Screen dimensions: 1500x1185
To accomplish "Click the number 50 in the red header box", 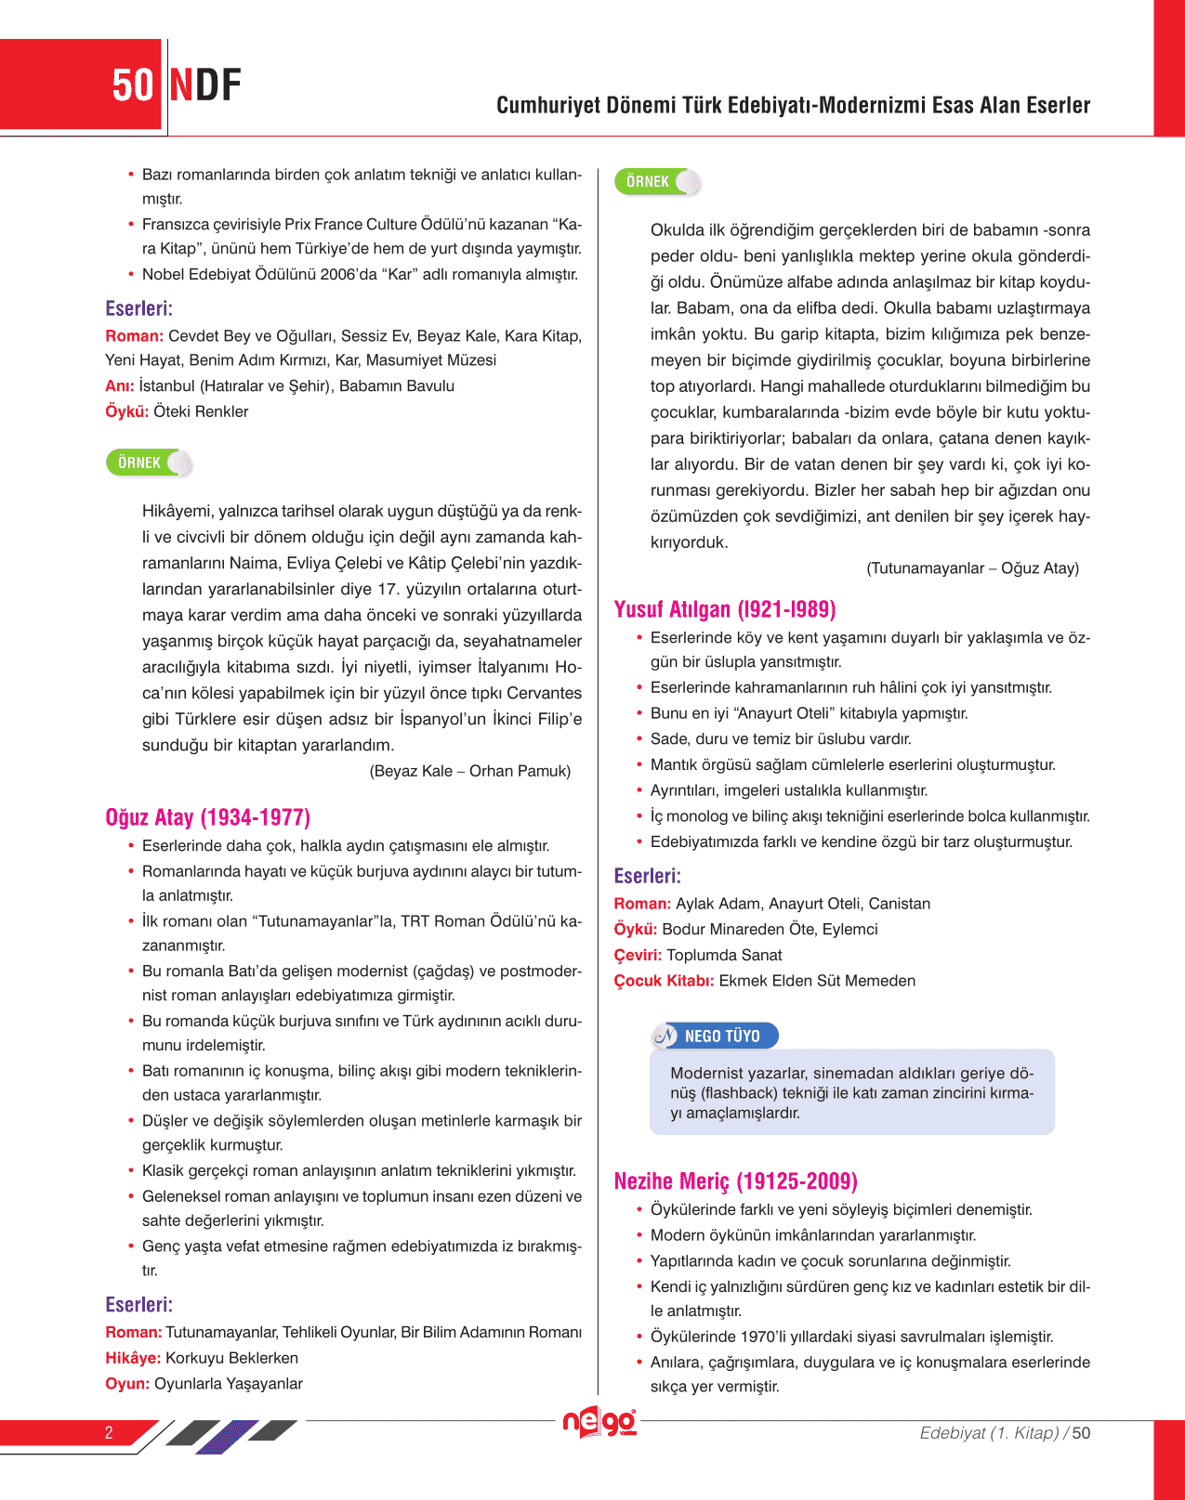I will pos(132,85).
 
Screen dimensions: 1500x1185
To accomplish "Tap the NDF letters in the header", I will pos(204,85).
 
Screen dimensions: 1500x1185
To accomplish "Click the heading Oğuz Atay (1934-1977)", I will pos(207,817).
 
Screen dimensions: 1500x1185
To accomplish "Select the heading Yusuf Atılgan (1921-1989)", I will pos(725,609).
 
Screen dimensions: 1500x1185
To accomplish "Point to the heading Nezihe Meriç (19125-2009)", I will pos(735,1181).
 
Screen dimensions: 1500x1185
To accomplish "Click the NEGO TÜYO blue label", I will pos(721,1036).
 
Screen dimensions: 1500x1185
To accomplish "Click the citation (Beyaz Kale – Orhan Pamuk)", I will pos(469,771).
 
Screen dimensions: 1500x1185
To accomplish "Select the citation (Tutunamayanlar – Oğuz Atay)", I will pos(972,568).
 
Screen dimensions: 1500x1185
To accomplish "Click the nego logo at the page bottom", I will pos(599,1422).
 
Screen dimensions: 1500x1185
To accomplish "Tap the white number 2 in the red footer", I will pos(109,1432).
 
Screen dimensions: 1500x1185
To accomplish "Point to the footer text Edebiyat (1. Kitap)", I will pos(989,1433).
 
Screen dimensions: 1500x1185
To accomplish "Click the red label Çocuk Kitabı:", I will pos(664,981).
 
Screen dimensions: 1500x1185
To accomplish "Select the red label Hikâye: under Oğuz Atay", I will pos(133,1358).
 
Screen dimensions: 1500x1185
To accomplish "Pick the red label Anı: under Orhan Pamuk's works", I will pos(120,386).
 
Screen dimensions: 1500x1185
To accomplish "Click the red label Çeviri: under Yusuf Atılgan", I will pos(638,955).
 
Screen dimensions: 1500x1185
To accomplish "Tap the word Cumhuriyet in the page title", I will pos(547,106).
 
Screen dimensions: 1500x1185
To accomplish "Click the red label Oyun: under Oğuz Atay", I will pos(127,1384).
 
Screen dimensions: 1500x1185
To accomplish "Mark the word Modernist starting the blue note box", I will pos(704,1074).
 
